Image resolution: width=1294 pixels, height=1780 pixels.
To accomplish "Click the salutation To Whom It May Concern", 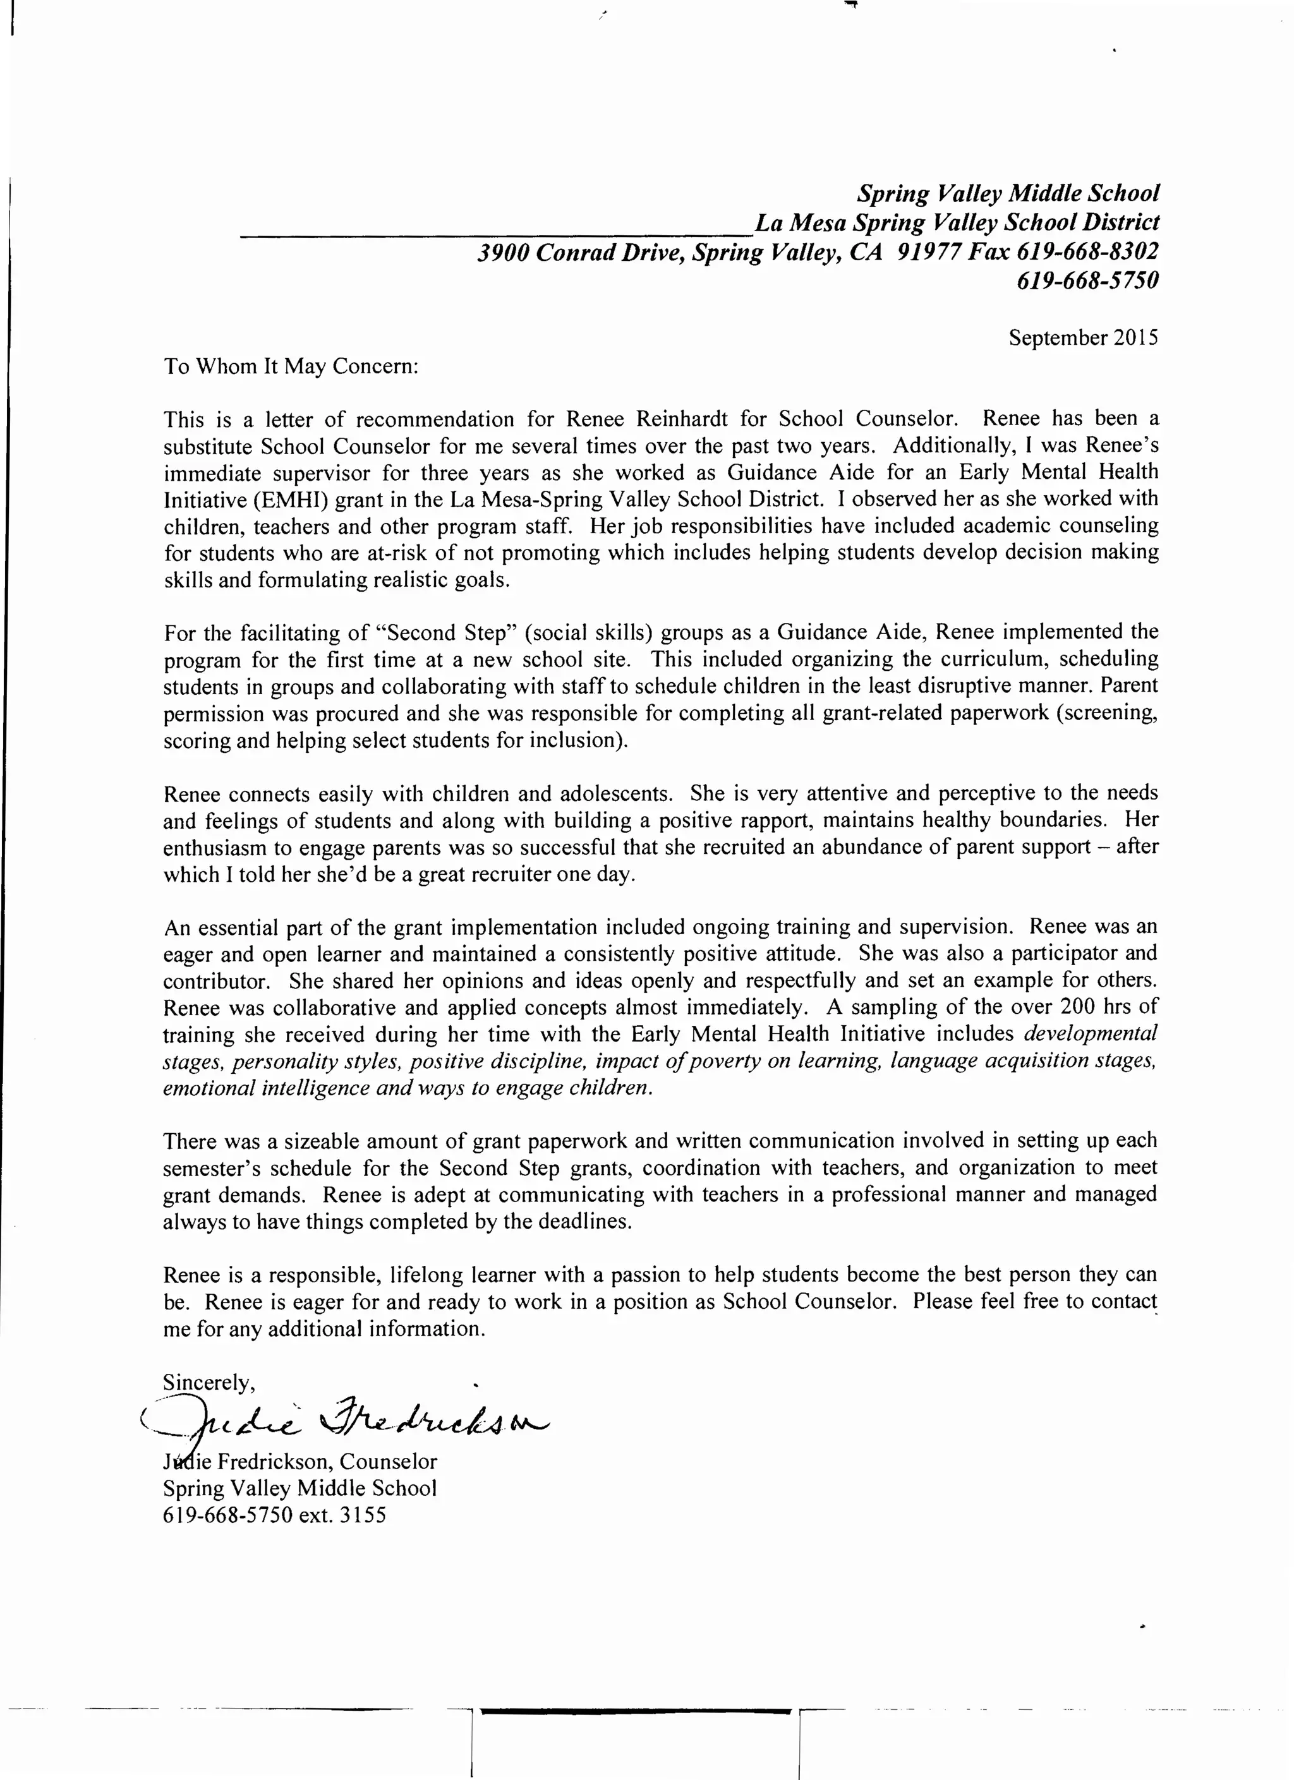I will pos(291,366).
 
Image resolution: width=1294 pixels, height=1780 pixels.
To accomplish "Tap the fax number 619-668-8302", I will pos(1087,251).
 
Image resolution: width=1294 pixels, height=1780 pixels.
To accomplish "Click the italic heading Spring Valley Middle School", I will pos(1007,193).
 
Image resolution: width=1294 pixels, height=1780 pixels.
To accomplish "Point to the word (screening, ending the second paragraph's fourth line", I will pos(1106,713).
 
